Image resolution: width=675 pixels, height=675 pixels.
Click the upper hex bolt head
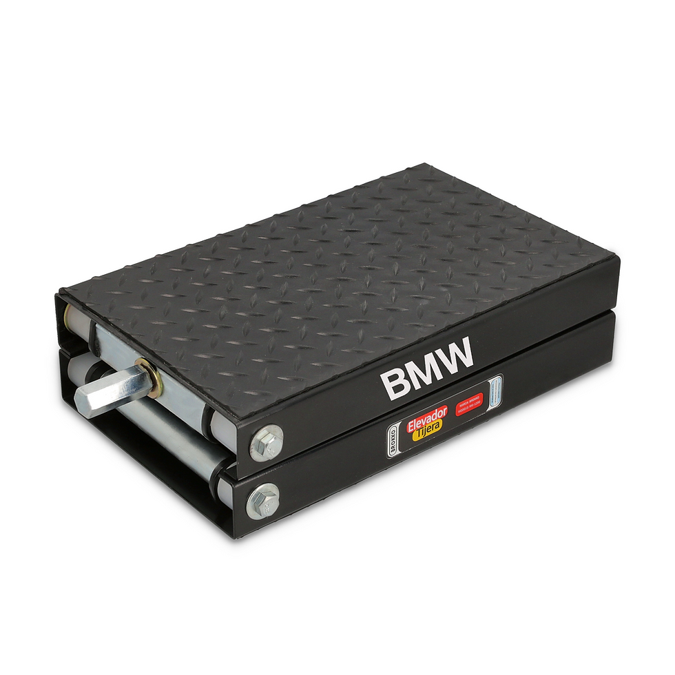coord(266,443)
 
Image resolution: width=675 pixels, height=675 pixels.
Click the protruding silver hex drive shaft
coord(103,391)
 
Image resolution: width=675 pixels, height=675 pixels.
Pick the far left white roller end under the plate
coord(70,318)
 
